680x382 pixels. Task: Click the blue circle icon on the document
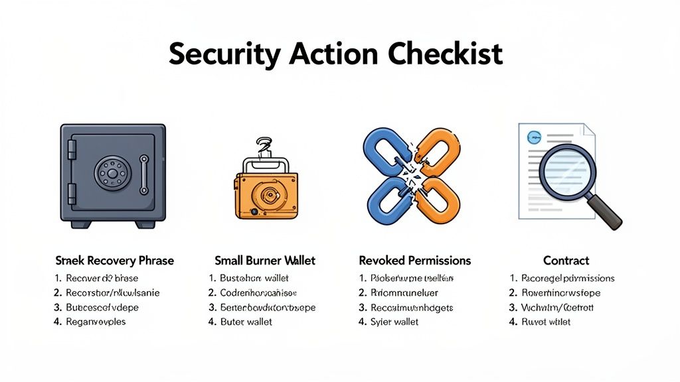[533, 137]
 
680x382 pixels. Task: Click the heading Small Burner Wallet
[265, 261]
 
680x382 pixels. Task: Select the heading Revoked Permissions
[414, 261]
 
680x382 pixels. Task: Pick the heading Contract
[566, 261]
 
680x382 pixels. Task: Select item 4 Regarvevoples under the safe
[96, 322]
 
